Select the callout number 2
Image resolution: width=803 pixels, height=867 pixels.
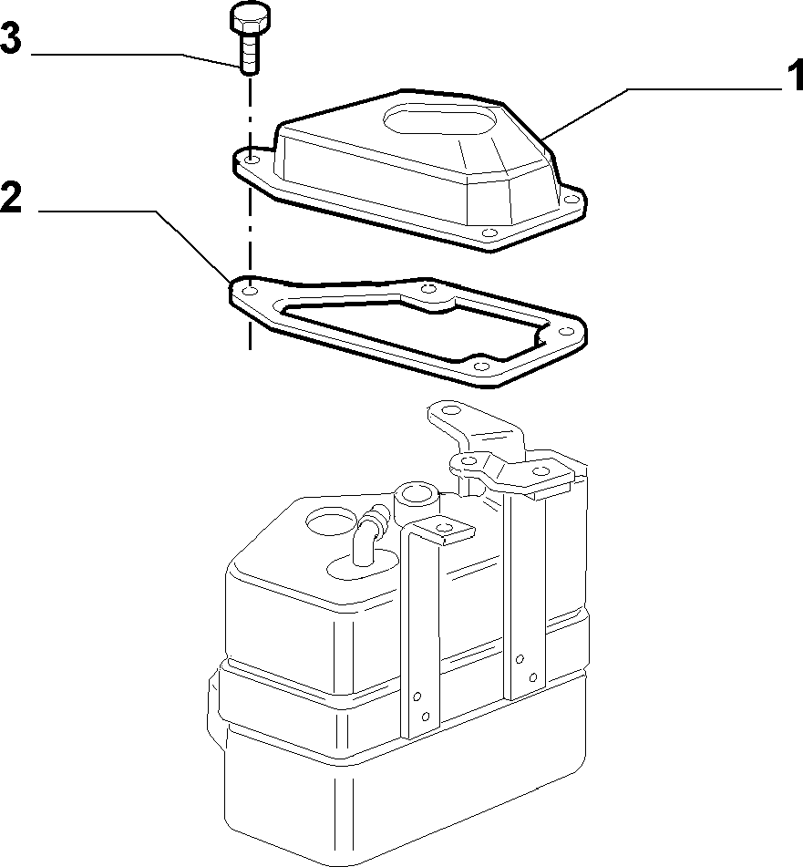click(11, 198)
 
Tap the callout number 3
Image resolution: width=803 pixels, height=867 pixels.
click(11, 38)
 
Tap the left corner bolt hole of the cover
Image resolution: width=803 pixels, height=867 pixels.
click(252, 160)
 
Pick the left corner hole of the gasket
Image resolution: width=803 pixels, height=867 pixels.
click(251, 290)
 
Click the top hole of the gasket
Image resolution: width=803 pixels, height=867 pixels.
click(429, 287)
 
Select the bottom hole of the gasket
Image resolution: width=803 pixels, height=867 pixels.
click(481, 366)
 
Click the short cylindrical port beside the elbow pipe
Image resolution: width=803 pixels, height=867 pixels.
click(417, 500)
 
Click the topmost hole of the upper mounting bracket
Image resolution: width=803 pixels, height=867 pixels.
click(451, 411)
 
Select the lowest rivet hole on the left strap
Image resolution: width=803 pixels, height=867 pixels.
click(426, 717)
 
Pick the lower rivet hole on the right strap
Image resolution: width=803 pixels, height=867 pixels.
click(533, 678)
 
